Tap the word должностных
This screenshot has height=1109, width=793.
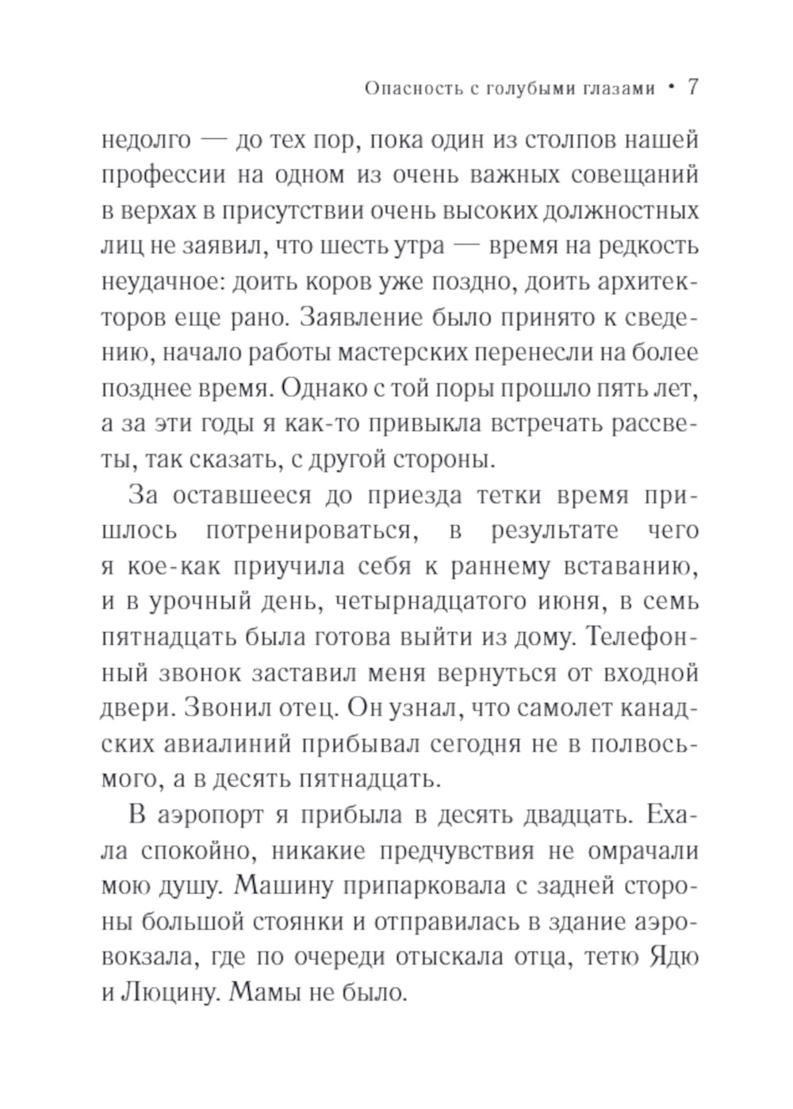point(627,211)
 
